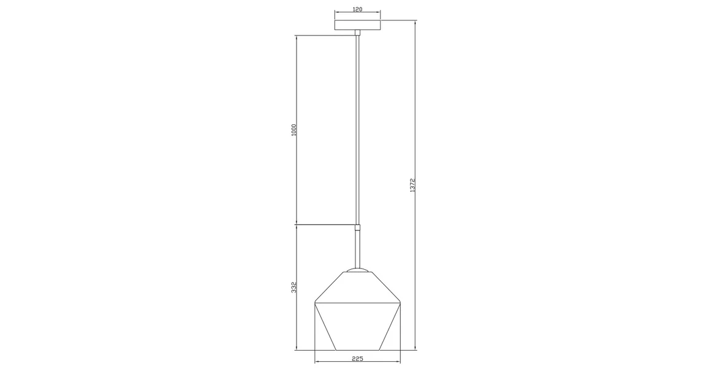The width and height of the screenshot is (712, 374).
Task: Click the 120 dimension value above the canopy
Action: tap(358, 9)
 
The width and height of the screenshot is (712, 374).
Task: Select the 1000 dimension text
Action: tap(294, 129)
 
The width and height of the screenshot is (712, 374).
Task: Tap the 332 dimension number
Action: tap(294, 287)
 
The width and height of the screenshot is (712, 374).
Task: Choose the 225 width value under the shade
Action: tap(358, 359)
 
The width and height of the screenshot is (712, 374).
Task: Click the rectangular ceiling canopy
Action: tap(358, 26)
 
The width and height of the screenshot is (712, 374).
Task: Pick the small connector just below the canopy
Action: tap(358, 33)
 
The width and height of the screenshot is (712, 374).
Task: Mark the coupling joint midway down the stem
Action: tap(358, 227)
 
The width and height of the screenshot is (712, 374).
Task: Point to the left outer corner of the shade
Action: tap(315, 302)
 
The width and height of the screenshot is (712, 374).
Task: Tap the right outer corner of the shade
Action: tap(401, 302)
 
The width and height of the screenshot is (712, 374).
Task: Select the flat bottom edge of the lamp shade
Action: tap(358, 350)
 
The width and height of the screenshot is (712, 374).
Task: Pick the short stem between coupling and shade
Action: tap(358, 248)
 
